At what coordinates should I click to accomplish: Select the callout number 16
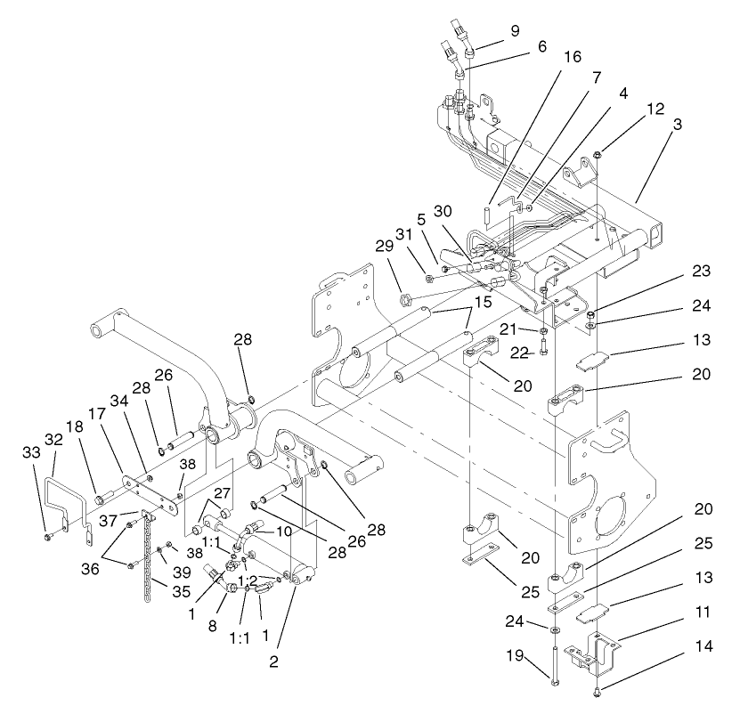pyautogui.click(x=573, y=56)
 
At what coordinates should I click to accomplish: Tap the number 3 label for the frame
pyautogui.click(x=679, y=126)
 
